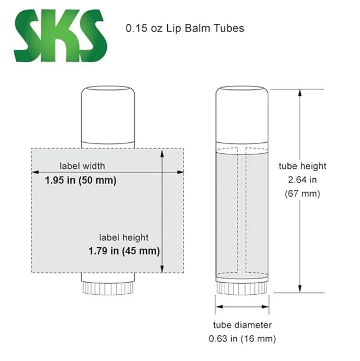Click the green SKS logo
pyautogui.click(x=60, y=35)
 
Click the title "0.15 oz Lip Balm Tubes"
pyautogui.click(x=185, y=28)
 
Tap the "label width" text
pyautogui.click(x=82, y=166)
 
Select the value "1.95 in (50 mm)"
pyautogui.click(x=81, y=180)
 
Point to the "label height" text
pyautogui.click(x=124, y=237)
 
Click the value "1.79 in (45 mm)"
pyautogui.click(x=124, y=251)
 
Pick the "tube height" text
pyautogui.click(x=303, y=166)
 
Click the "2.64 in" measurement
pyautogui.click(x=303, y=179)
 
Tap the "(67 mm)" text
pyautogui.click(x=303, y=193)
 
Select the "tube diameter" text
pyautogui.click(x=242, y=325)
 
